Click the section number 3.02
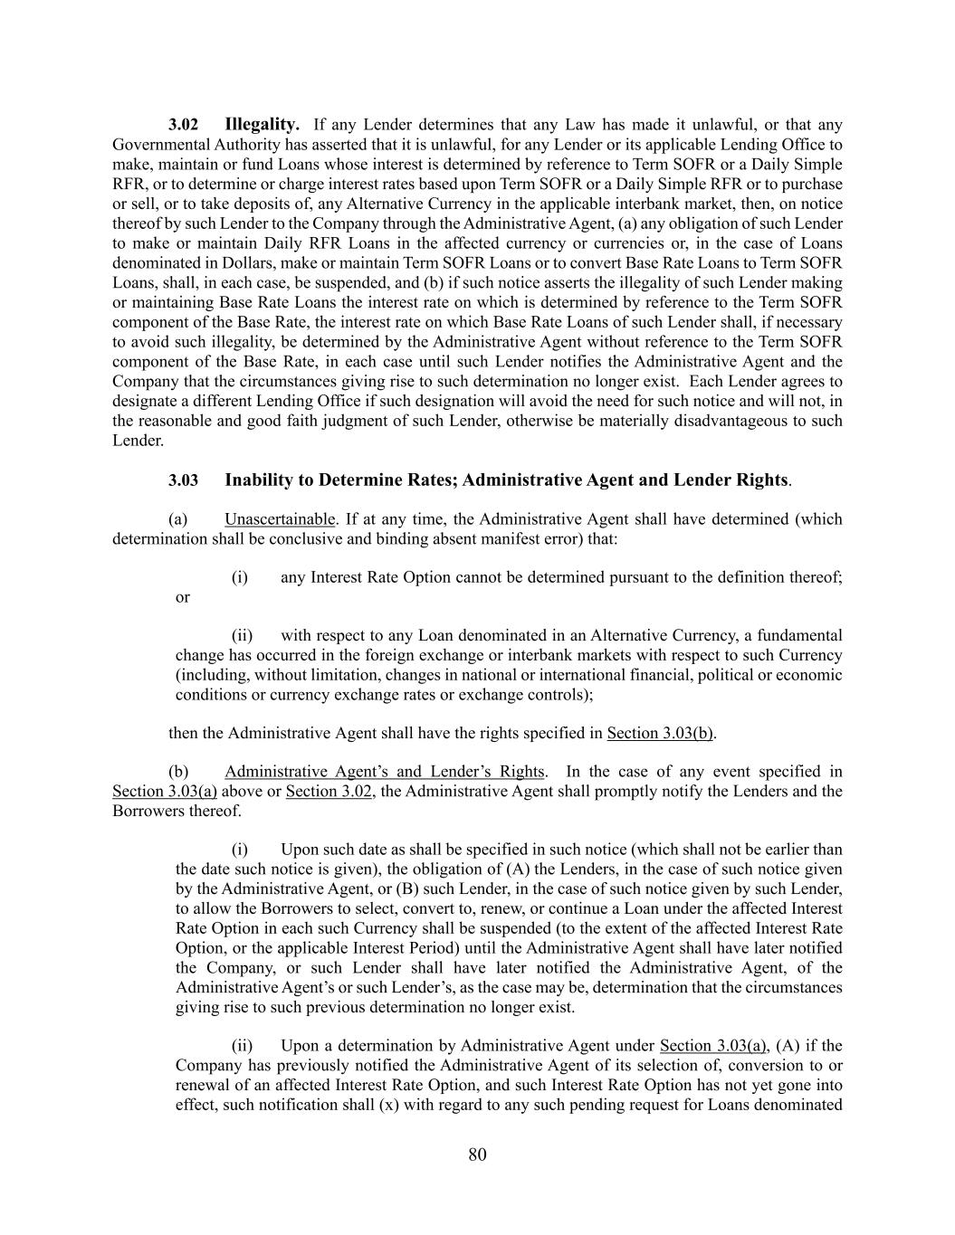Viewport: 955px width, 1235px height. [x=183, y=125]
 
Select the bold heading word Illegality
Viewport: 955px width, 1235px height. [x=262, y=124]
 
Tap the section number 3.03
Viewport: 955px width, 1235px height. [x=183, y=480]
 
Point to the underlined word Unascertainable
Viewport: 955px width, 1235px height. [x=280, y=519]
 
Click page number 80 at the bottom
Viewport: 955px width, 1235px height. [x=478, y=1154]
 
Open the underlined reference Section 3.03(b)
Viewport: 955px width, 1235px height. [x=661, y=733]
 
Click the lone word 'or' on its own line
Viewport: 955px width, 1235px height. [x=183, y=597]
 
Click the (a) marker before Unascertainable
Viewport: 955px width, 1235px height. [x=178, y=519]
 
